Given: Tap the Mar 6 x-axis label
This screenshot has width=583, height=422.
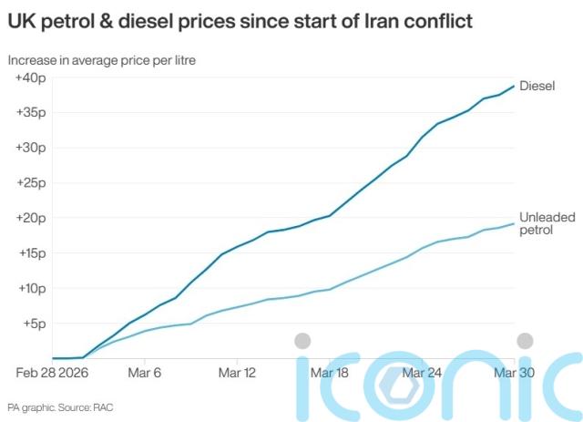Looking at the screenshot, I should tap(145, 373).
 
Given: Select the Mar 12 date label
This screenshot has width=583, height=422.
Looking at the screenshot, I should tap(238, 373).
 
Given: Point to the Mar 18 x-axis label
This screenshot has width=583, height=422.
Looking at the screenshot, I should tap(330, 373).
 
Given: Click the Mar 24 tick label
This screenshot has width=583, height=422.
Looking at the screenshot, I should tap(423, 373).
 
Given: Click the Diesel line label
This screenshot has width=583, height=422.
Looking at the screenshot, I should tap(537, 86).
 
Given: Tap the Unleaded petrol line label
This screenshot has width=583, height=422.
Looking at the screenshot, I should tap(543, 224).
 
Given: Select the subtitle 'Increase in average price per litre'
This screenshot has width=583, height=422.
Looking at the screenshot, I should tap(102, 60).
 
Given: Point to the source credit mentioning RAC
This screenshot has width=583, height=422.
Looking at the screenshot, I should tap(61, 406).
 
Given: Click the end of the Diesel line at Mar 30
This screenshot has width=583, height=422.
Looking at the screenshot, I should tap(515, 86).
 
